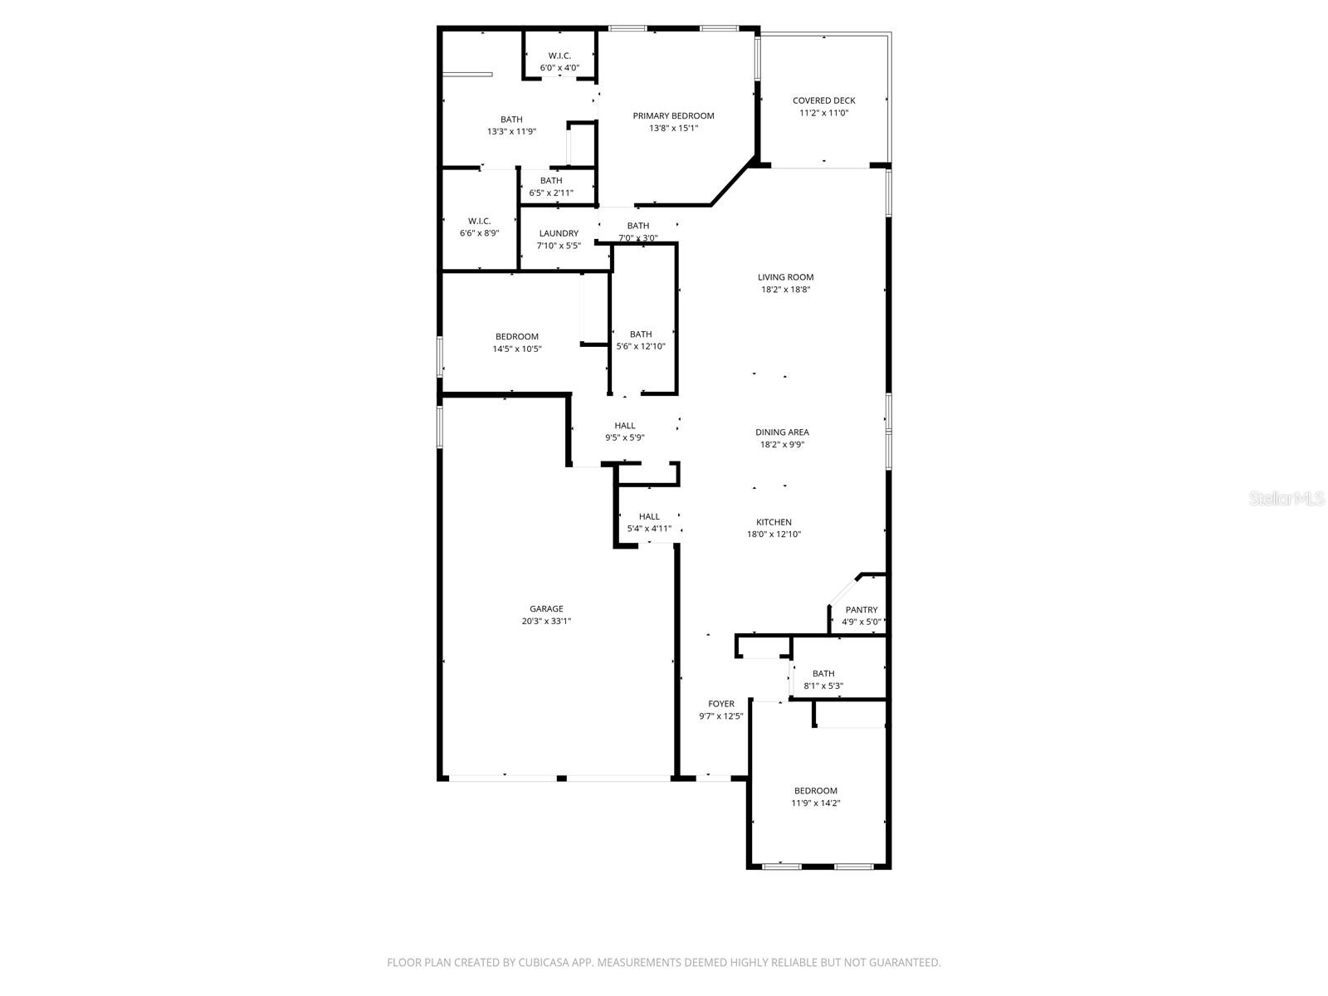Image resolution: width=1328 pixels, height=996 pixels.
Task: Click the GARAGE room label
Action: pos(546,608)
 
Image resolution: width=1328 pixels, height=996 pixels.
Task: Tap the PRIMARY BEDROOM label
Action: pos(673,115)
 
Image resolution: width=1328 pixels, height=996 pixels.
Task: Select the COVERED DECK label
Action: pos(823,100)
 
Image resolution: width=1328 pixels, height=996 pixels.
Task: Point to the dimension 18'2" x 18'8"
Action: pos(785,290)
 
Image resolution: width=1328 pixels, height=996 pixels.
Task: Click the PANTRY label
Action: pos(861,609)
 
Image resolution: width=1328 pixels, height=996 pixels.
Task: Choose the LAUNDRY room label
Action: pos(558,233)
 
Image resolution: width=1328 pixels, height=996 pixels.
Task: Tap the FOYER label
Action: pos(720,703)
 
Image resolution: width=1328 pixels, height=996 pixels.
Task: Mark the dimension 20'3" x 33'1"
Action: pos(546,621)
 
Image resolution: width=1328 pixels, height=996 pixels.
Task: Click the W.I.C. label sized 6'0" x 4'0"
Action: pos(559,56)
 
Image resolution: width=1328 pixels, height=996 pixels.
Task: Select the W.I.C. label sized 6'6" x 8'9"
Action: pos(479,221)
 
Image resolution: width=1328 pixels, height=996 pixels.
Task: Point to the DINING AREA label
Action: pos(782,432)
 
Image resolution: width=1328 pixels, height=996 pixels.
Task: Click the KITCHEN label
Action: pos(774,522)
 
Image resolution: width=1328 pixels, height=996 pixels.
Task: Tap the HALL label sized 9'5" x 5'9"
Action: pos(625,425)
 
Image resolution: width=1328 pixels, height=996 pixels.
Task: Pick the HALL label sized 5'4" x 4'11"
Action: pos(649,516)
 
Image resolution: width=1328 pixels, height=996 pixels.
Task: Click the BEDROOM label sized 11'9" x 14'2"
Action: pos(815,790)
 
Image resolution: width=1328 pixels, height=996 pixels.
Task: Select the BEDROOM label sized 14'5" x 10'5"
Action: pos(516,336)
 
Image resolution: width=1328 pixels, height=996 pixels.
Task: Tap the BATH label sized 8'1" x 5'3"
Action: pos(823,673)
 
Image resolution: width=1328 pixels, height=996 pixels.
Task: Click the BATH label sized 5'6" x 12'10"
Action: pos(640,334)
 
